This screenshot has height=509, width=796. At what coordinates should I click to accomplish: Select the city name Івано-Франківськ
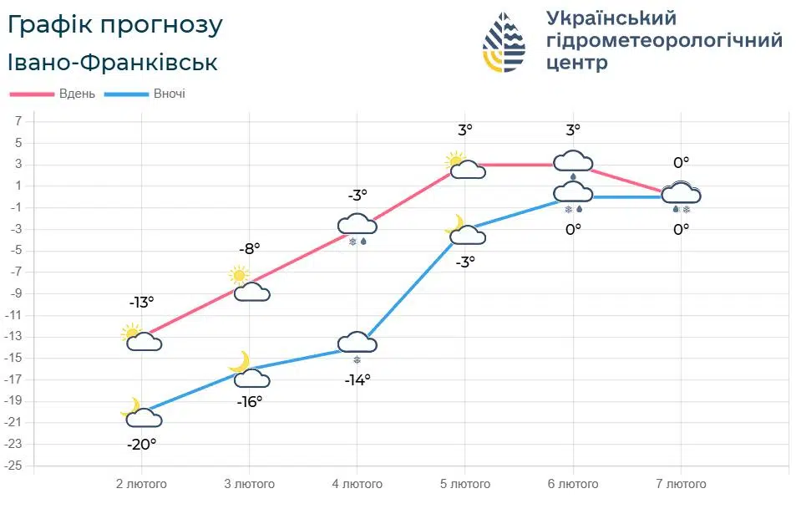tap(113, 63)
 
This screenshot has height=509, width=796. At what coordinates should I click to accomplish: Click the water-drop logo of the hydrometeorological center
tap(504, 42)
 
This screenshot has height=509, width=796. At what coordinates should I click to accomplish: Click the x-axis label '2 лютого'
tap(141, 484)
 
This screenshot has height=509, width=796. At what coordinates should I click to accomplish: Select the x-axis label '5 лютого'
tap(465, 484)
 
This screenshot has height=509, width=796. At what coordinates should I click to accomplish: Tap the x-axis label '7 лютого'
tap(681, 484)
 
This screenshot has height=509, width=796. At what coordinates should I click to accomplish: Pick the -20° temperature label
tap(141, 445)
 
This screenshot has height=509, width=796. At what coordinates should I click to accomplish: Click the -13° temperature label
tap(141, 303)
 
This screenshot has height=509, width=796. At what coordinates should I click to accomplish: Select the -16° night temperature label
tap(249, 401)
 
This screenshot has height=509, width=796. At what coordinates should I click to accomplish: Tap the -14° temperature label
tap(357, 379)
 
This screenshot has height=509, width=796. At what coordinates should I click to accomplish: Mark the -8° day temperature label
tap(249, 248)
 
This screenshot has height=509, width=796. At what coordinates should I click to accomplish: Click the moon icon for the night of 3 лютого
tap(241, 362)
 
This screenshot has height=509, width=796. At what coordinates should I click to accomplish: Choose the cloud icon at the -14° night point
tap(357, 342)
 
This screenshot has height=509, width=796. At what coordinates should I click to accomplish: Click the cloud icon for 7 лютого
tap(681, 194)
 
